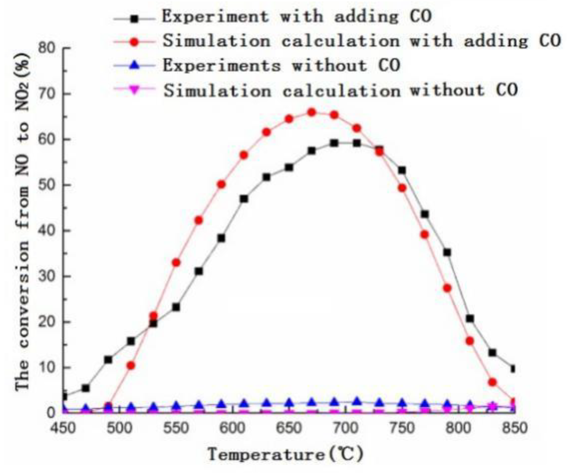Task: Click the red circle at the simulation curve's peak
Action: tap(312, 112)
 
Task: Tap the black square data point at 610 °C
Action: tap(244, 199)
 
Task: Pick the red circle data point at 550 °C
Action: tap(176, 263)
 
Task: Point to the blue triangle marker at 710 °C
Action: tap(357, 402)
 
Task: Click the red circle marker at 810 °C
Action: tap(470, 341)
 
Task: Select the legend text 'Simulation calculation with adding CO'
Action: tap(361, 41)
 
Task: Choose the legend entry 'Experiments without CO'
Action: tap(281, 65)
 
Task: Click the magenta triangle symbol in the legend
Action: tap(134, 90)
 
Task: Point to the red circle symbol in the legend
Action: tap(134, 41)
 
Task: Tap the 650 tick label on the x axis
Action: tap(289, 428)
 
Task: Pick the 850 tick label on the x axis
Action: tap(514, 428)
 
